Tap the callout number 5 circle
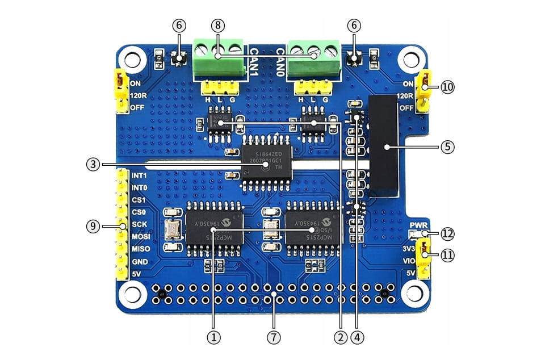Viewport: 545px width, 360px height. click(x=447, y=146)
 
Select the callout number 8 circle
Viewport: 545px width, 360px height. click(x=217, y=26)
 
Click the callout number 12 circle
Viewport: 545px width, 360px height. click(x=448, y=233)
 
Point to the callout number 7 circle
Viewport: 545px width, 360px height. click(x=274, y=337)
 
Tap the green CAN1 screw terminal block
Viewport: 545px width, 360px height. click(x=219, y=58)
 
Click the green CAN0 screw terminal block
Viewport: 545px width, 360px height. click(x=313, y=58)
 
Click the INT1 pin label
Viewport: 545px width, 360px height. click(x=139, y=175)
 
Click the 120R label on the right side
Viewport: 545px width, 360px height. click(x=406, y=97)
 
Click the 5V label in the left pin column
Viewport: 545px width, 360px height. click(x=137, y=274)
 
